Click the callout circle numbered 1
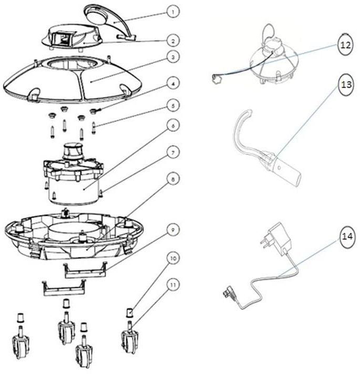click(x=173, y=12)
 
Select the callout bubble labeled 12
click(x=345, y=45)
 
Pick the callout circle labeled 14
click(x=347, y=236)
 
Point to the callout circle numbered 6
click(x=173, y=126)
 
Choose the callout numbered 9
click(x=173, y=230)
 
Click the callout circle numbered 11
click(x=173, y=285)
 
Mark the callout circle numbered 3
click(x=173, y=57)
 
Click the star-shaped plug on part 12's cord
click(x=216, y=79)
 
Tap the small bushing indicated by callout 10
click(x=129, y=313)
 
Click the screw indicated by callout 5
click(x=94, y=128)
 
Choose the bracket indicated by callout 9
click(x=86, y=270)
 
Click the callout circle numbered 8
click(x=173, y=179)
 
